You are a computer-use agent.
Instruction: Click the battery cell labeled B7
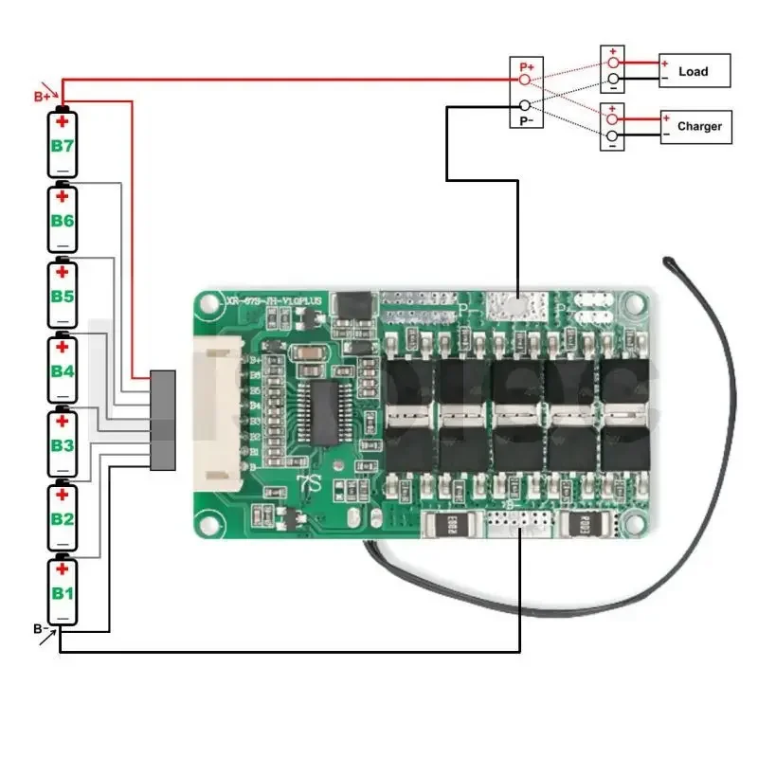(x=63, y=144)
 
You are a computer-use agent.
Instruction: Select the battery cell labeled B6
(x=63, y=220)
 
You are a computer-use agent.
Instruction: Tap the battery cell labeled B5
(x=63, y=295)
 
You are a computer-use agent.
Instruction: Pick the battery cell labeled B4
(x=63, y=370)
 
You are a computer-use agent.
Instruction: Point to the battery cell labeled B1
(x=63, y=592)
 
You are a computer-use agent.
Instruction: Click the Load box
(x=695, y=71)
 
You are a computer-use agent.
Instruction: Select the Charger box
(x=696, y=126)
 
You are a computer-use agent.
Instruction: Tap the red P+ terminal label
(x=526, y=67)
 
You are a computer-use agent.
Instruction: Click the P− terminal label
(x=525, y=120)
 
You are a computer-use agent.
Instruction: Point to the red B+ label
(x=43, y=97)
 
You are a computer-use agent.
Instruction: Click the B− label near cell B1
(x=41, y=628)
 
